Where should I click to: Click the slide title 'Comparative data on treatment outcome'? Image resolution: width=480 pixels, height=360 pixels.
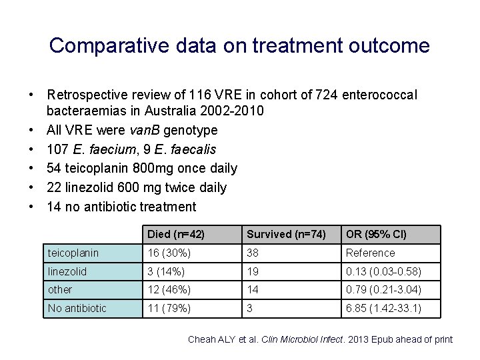pos(239,45)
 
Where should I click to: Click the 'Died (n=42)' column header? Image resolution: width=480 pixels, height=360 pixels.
pos(176,234)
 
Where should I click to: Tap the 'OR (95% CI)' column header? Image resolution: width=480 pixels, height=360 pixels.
pos(376,234)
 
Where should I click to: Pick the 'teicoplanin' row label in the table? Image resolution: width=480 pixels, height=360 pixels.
pos(73,253)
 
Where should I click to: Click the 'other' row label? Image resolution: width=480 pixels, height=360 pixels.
pos(60,289)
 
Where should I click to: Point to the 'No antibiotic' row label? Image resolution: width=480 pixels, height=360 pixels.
pos(77,308)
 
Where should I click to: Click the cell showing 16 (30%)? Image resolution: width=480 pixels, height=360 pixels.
pos(169,253)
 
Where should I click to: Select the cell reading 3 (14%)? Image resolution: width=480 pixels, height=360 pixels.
pos(166,271)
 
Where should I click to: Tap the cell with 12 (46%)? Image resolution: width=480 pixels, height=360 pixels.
pos(169,289)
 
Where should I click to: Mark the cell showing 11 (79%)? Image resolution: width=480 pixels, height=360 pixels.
pos(169,308)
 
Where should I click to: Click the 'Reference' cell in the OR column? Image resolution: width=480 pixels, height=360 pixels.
pos(370,253)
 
